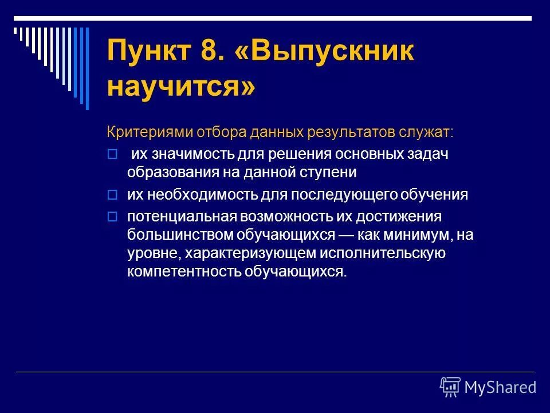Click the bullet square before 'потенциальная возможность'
(112, 217)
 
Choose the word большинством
(172, 235)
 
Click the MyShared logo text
(500, 387)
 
